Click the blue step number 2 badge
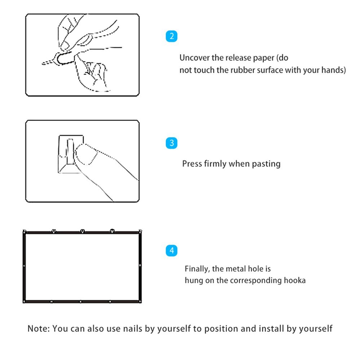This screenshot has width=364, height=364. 172,36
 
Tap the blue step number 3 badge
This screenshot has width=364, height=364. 172,143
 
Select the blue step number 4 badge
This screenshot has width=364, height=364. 172,250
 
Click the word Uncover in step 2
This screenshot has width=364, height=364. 195,58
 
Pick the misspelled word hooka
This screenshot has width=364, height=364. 295,280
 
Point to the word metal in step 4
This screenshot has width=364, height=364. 236,268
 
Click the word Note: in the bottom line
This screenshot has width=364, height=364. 39,328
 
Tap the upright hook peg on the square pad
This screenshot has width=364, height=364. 71,152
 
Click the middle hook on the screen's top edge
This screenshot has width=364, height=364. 83,231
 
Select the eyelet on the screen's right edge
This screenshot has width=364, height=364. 140,265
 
